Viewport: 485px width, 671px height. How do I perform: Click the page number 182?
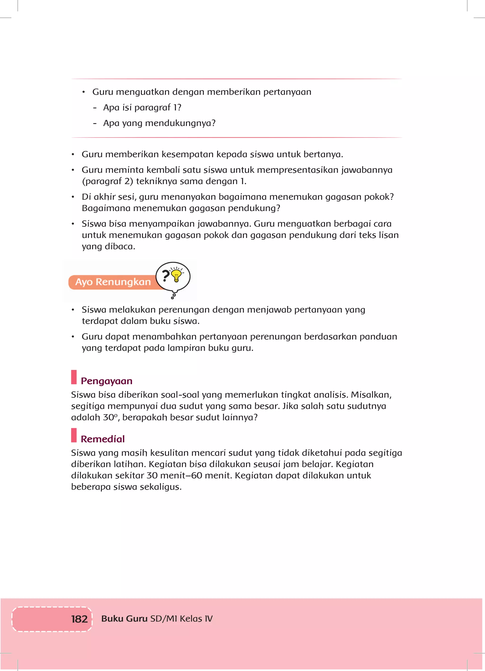pos(79,619)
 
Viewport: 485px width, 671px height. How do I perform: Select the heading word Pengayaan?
pos(106,381)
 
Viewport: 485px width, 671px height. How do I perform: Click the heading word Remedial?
pos(103,439)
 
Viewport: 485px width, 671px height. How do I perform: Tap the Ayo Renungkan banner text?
pos(113,282)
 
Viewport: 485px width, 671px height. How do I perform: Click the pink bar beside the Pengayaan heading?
pos(74,377)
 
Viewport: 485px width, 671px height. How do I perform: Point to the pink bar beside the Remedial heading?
pos(74,435)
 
